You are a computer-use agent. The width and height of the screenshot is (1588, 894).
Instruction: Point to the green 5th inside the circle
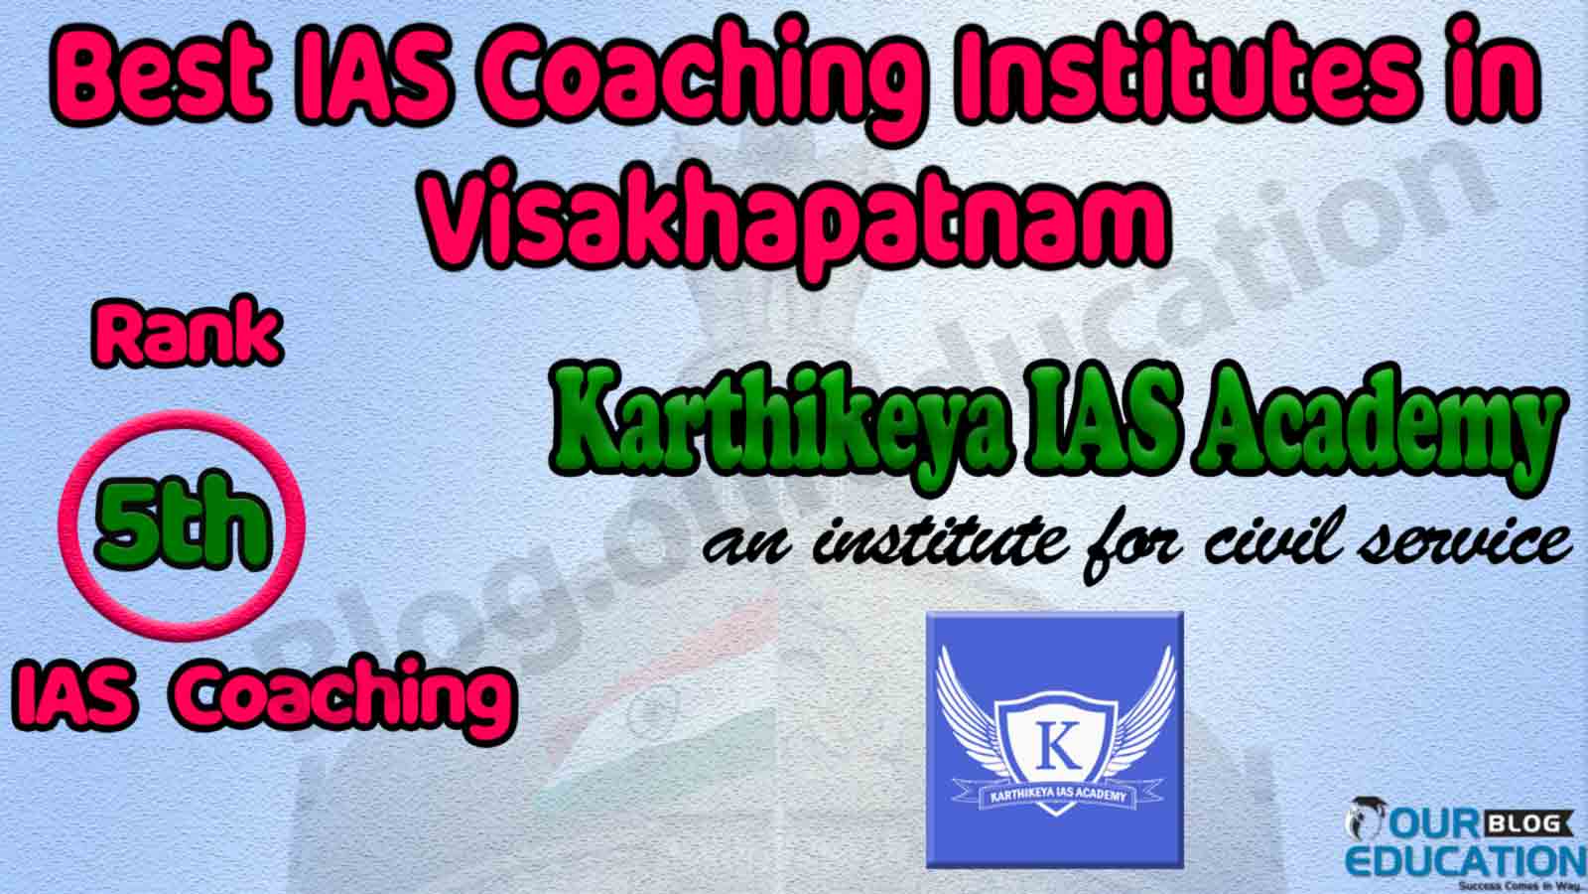tap(183, 521)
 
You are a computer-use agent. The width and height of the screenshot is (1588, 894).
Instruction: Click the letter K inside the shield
tap(1057, 746)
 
